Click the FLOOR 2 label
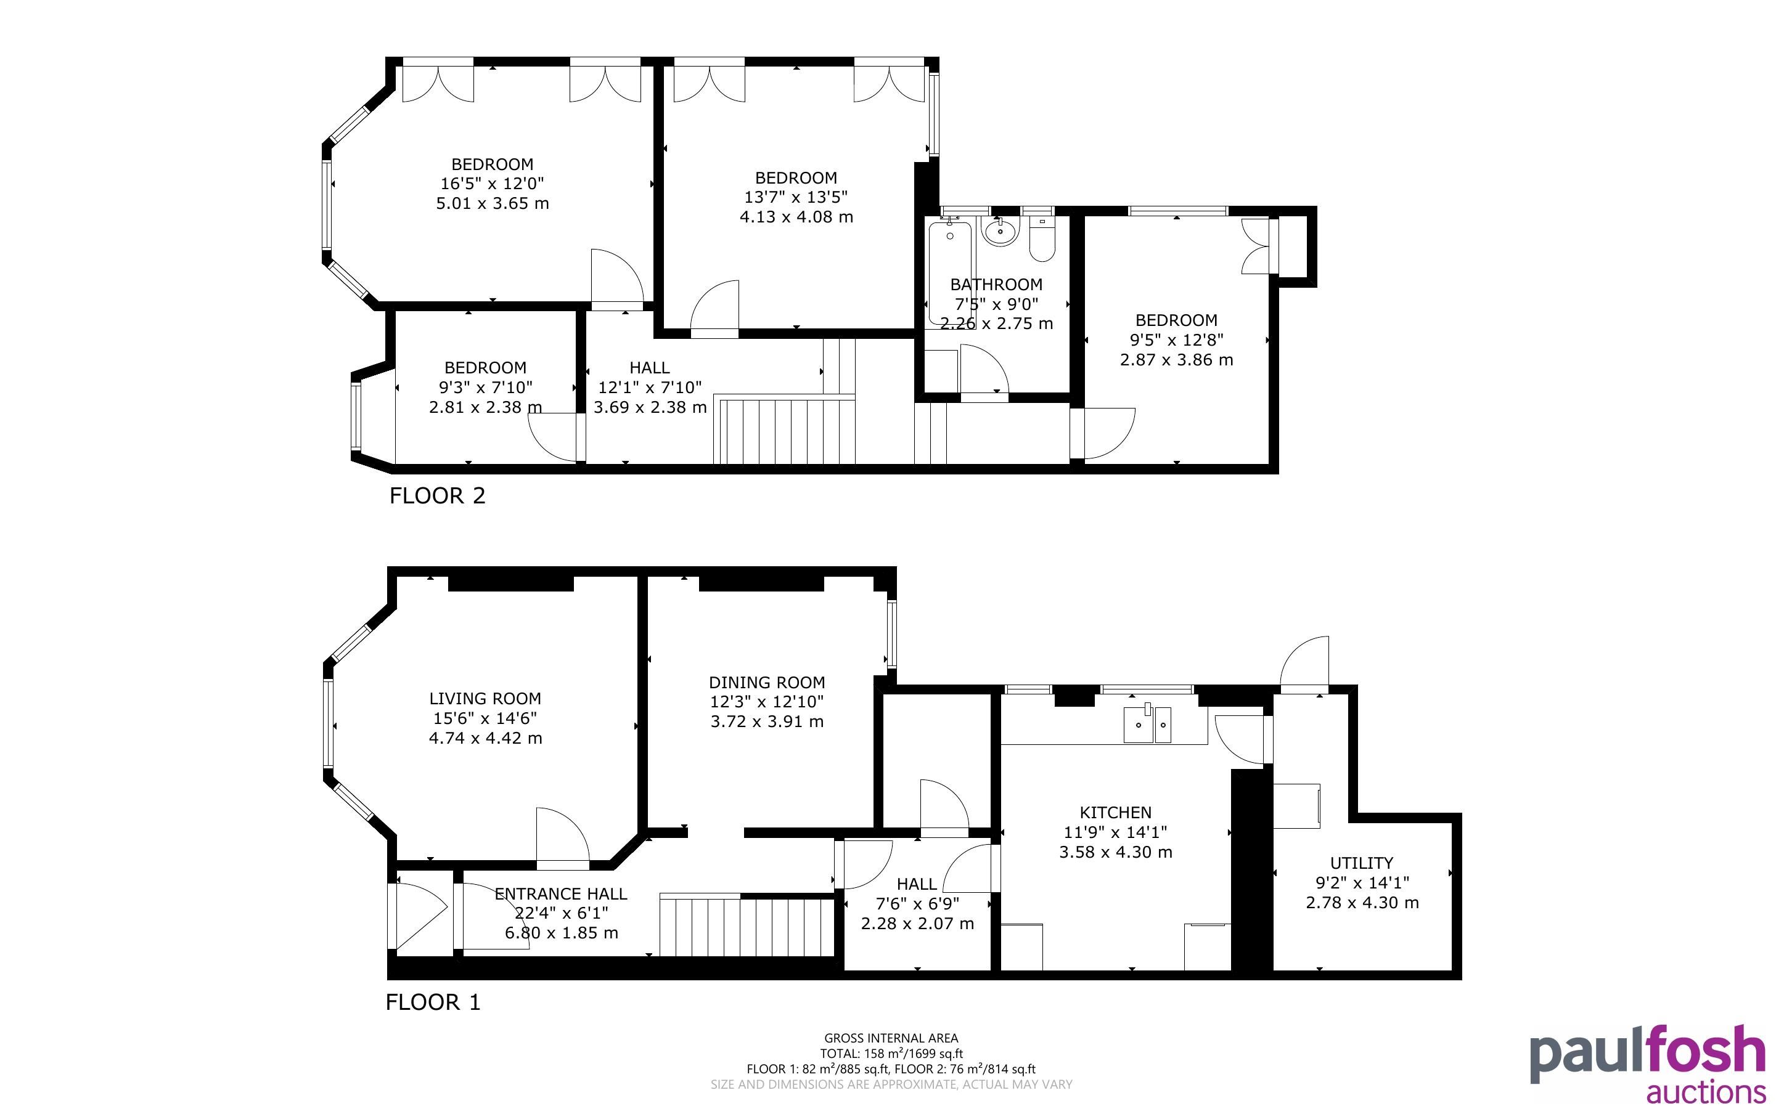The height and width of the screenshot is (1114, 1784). pyautogui.click(x=437, y=496)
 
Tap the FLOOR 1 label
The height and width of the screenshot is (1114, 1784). pyautogui.click(x=433, y=1002)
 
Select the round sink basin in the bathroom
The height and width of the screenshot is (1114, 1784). pyautogui.click(x=1000, y=232)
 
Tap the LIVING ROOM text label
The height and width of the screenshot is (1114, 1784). pyautogui.click(x=485, y=699)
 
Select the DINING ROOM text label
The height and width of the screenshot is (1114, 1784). pyautogui.click(x=766, y=682)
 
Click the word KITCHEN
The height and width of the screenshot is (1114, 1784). pyautogui.click(x=1116, y=813)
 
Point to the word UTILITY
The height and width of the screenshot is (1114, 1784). pyautogui.click(x=1362, y=863)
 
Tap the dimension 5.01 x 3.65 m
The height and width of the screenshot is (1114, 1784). pyautogui.click(x=493, y=203)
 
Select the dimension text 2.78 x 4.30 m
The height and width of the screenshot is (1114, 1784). pyautogui.click(x=1362, y=903)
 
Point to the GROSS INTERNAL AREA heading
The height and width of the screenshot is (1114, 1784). pyautogui.click(x=891, y=1039)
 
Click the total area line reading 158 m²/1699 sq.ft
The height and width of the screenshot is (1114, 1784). pyautogui.click(x=891, y=1054)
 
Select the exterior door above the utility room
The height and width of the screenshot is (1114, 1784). pyautogui.click(x=1304, y=664)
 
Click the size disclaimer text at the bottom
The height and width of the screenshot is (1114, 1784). pyautogui.click(x=891, y=1084)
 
